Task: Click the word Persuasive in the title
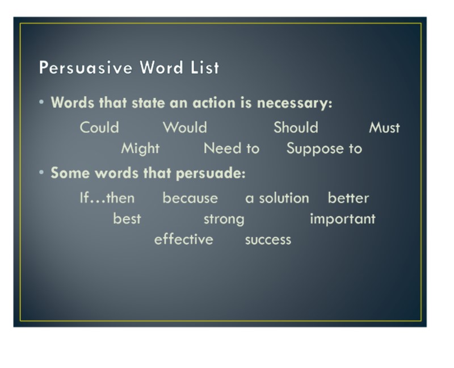click(x=86, y=67)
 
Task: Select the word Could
click(x=99, y=128)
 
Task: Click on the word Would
click(x=185, y=128)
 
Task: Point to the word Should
click(x=296, y=128)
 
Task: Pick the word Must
click(x=385, y=128)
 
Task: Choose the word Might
click(x=140, y=149)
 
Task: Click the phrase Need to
click(x=232, y=148)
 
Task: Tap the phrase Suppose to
click(x=324, y=149)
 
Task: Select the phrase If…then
click(x=107, y=198)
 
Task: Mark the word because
click(x=190, y=198)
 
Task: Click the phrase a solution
click(x=277, y=198)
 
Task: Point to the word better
click(x=348, y=198)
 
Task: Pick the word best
click(x=127, y=219)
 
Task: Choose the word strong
click(x=224, y=219)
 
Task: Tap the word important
click(x=343, y=219)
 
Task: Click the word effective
click(x=183, y=240)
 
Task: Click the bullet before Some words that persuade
click(x=41, y=173)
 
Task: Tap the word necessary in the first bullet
click(x=295, y=103)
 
